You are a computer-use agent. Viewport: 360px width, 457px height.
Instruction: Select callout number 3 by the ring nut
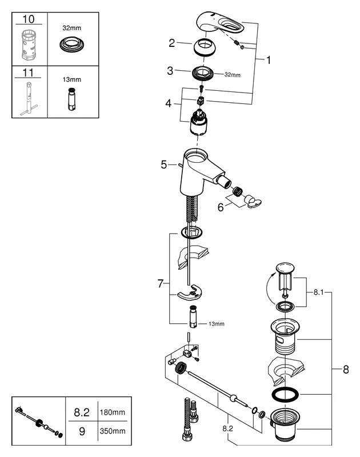click(170, 71)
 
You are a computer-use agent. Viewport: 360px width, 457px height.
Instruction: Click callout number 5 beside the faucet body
click(164, 165)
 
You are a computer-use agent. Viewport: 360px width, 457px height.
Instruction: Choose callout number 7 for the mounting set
click(161, 283)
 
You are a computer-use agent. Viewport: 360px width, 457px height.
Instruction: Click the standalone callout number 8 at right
click(345, 370)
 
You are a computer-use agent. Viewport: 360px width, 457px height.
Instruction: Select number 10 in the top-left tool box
click(28, 19)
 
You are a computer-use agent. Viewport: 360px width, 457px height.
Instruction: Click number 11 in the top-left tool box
click(28, 73)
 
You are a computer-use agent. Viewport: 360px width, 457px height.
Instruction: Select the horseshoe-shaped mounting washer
click(191, 294)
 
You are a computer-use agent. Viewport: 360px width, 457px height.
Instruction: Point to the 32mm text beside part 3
click(232, 75)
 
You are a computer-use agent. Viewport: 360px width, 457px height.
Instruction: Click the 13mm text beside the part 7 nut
click(216, 324)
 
